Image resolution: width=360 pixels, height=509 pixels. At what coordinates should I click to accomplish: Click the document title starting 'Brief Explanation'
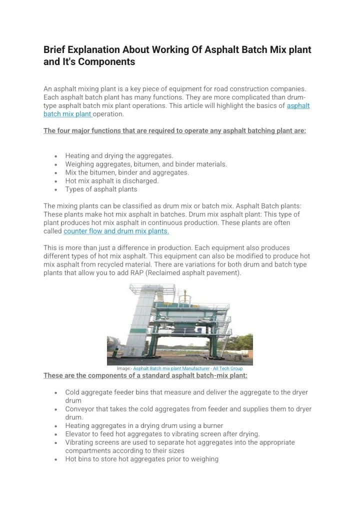(177, 50)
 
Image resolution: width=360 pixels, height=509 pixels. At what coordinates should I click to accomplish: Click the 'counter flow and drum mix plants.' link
(116, 231)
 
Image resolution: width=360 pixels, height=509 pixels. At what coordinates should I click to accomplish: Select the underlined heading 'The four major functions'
(174, 131)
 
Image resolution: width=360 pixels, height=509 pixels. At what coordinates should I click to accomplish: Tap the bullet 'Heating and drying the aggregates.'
(119, 156)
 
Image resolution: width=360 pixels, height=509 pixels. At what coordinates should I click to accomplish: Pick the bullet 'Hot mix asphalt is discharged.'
(111, 181)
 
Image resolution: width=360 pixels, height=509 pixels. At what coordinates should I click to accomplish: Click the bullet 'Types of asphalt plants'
(101, 189)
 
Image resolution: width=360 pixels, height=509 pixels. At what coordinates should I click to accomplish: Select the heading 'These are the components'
(145, 375)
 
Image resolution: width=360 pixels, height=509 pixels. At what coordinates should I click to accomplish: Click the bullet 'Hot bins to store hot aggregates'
(141, 459)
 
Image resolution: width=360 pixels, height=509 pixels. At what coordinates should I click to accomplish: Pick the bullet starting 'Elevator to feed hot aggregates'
(162, 434)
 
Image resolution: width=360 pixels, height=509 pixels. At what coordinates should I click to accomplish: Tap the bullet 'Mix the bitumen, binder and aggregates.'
(127, 172)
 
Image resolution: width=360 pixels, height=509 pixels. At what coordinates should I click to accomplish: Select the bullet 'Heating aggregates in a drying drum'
(144, 425)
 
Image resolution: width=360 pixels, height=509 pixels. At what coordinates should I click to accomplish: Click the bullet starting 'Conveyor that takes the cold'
(188, 409)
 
